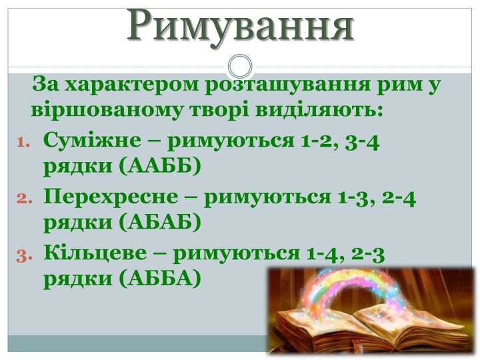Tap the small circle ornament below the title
240,66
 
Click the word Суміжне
93,141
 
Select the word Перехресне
111,197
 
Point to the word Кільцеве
95,253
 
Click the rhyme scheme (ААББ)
160,166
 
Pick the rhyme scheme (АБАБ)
160,222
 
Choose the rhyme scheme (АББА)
160,278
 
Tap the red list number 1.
24,143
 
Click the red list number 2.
24,199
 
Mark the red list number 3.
24,256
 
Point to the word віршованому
106,110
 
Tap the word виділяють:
319,110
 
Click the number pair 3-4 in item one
362,143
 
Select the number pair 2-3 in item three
367,255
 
